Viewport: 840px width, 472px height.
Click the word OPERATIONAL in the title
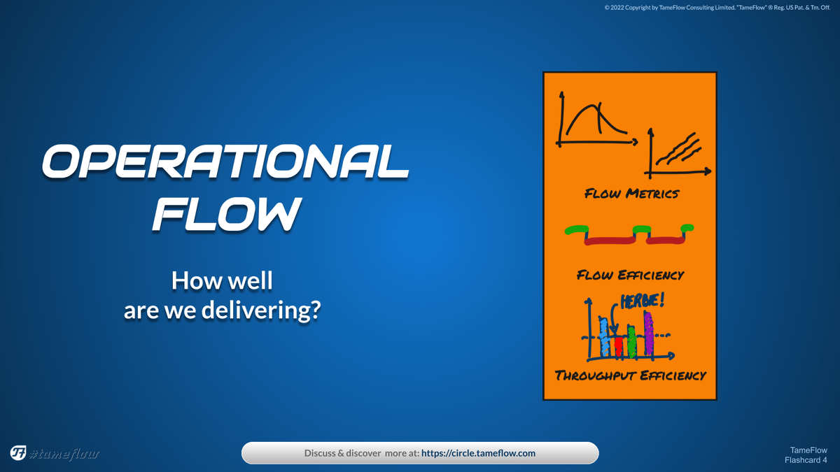pyautogui.click(x=225, y=162)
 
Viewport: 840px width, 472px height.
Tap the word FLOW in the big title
pyautogui.click(x=227, y=214)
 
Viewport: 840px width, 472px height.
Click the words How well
pyautogui.click(x=222, y=280)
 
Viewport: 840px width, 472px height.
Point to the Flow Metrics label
pyautogui.click(x=632, y=194)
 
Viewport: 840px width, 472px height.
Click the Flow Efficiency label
pyautogui.click(x=631, y=276)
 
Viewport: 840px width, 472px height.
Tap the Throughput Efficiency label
pyautogui.click(x=631, y=376)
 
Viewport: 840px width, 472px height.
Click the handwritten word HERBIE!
pyautogui.click(x=643, y=301)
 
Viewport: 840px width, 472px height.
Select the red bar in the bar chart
pyautogui.click(x=619, y=347)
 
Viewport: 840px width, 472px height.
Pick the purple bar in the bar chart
pyautogui.click(x=649, y=333)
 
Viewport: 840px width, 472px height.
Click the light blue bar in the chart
pyautogui.click(x=603, y=337)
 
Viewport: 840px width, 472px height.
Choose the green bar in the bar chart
pyautogui.click(x=632, y=343)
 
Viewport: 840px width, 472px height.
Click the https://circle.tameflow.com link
pyautogui.click(x=478, y=453)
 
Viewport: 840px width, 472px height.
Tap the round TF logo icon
pyautogui.click(x=18, y=453)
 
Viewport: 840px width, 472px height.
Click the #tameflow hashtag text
pyautogui.click(x=64, y=454)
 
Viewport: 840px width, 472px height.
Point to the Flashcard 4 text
pyautogui.click(x=806, y=460)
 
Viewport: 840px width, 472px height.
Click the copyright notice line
pyautogui.click(x=717, y=8)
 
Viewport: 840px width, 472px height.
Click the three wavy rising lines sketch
pyautogui.click(x=678, y=150)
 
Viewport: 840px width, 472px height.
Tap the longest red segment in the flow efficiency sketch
pyautogui.click(x=610, y=241)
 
